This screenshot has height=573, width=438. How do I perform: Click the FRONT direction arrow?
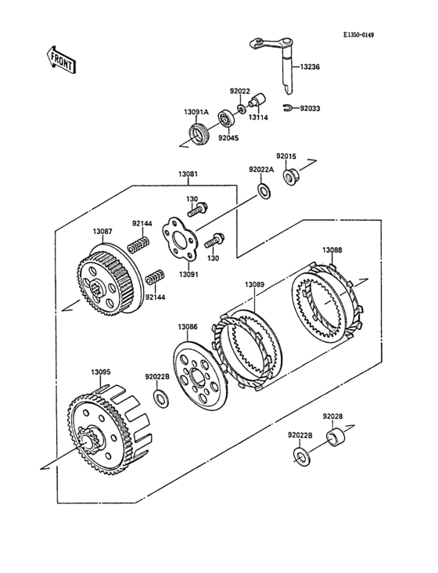click(x=60, y=60)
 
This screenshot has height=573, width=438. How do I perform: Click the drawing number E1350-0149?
click(x=358, y=35)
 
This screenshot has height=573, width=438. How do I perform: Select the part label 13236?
click(x=310, y=67)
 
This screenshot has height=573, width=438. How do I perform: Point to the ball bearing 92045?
click(x=226, y=119)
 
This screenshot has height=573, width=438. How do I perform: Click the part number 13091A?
click(x=196, y=113)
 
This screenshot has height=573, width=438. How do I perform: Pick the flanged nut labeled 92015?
click(x=290, y=176)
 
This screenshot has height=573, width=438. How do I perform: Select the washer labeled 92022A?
click(x=264, y=191)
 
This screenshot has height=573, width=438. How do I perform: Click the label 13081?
click(x=188, y=174)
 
